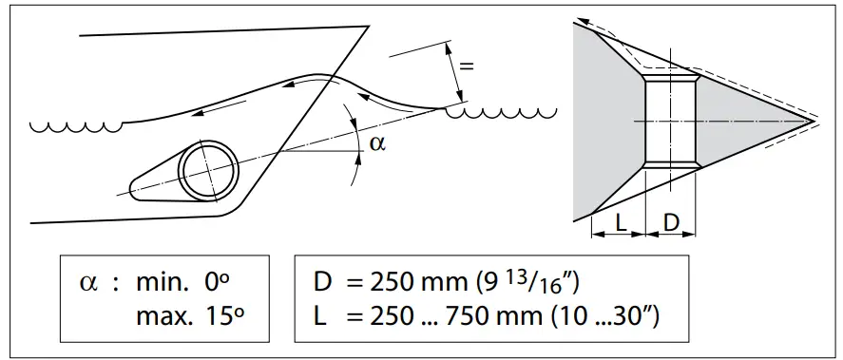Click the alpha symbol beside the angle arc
coord(377,142)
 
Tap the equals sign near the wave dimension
coord(466,66)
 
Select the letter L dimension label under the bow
coord(619,223)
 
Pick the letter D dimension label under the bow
coord(671,223)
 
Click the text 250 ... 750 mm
coord(434,317)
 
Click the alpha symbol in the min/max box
coord(87,282)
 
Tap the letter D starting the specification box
coord(321,282)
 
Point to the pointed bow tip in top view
coord(813,121)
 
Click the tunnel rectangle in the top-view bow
coord(670,122)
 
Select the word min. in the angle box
coord(160,282)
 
